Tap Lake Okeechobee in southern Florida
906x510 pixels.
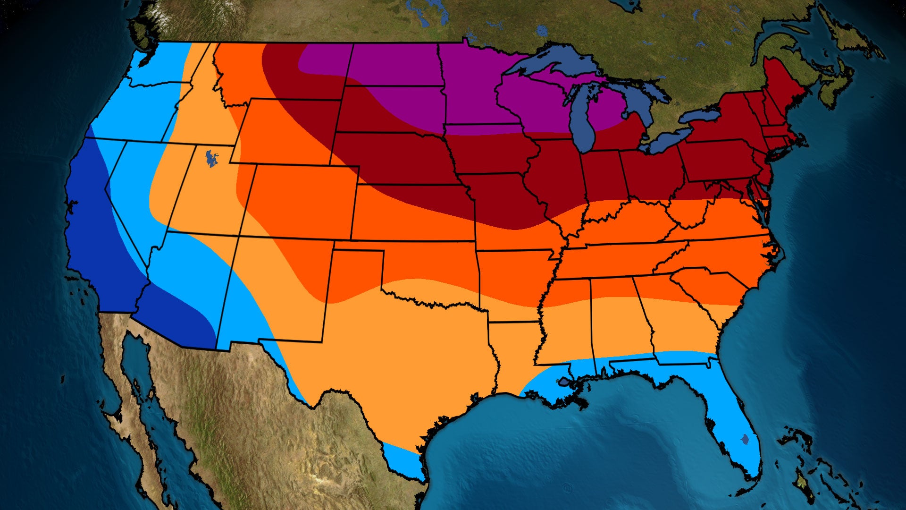click(745, 440)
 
